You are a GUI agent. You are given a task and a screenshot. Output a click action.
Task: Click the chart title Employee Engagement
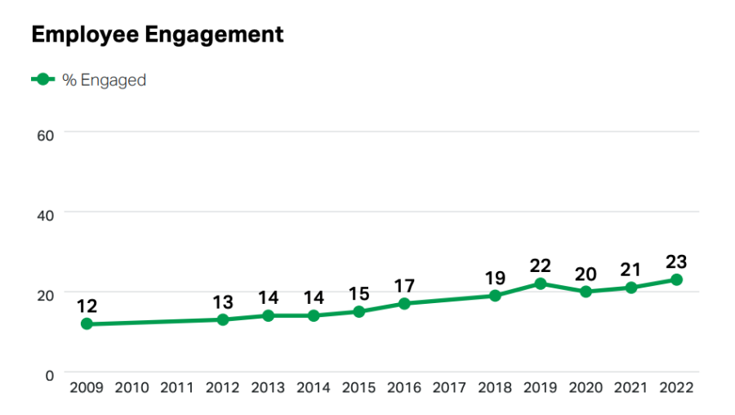pos(158,34)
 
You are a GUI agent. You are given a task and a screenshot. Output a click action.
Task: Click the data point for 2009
pos(87,324)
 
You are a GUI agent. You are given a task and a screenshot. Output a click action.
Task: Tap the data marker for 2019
pos(540,283)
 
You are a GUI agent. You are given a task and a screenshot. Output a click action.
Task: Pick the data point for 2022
pos(676,279)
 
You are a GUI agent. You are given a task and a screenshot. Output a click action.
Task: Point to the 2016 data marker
pos(404,304)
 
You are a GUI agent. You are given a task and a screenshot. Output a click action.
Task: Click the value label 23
pos(676,262)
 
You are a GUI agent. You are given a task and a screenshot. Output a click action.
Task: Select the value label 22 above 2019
pos(540,266)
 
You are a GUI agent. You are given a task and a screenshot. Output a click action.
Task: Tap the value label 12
pos(87,307)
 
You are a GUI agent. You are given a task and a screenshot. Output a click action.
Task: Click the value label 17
pos(404,287)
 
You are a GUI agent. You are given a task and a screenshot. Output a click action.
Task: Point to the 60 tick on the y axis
pos(46,133)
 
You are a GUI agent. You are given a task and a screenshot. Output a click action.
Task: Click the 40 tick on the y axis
pos(46,213)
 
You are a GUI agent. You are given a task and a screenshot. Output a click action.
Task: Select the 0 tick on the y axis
pos(49,374)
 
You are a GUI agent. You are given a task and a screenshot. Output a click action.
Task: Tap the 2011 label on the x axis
pos(177,388)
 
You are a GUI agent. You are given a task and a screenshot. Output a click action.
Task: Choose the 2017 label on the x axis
pos(449,388)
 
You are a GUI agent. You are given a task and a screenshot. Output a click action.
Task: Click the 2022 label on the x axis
pos(676,388)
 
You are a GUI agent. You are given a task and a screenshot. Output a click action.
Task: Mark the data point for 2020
pos(586,292)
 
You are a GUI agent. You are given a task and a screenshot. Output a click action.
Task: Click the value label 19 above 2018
pos(495,279)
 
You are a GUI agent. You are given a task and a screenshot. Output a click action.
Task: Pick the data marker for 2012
pos(222,319)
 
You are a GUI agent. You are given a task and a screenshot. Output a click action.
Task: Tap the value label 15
pos(359,294)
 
